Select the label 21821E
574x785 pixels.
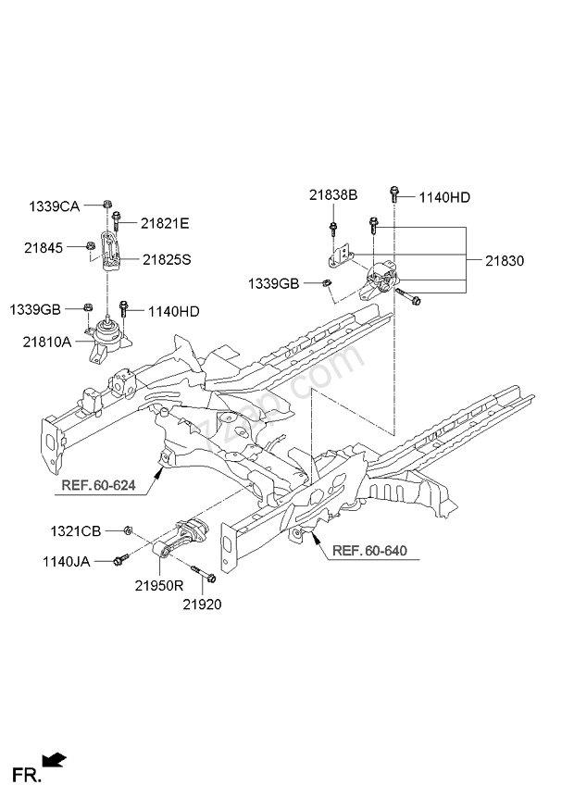(x=165, y=223)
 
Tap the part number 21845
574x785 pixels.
(x=43, y=247)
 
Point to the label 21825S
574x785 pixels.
(x=167, y=260)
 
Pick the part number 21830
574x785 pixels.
(x=504, y=261)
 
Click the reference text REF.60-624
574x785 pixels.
(x=97, y=484)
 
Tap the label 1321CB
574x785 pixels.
(x=75, y=530)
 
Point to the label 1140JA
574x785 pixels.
(x=67, y=561)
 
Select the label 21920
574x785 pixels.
(x=202, y=604)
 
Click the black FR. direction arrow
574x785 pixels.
(x=56, y=760)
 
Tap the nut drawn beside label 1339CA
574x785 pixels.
(x=108, y=205)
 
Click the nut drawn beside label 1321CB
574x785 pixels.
(x=128, y=530)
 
